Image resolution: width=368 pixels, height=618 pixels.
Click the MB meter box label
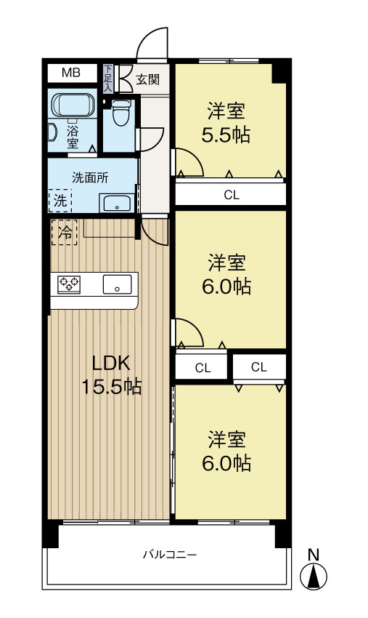tap(70, 72)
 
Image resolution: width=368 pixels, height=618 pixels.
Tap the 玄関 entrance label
tap(147, 79)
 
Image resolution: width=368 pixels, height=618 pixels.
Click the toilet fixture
tap(120, 112)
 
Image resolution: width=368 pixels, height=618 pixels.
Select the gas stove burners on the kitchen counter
tap(70, 284)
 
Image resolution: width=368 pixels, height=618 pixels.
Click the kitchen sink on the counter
tap(116, 284)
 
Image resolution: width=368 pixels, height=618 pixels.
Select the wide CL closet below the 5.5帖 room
tap(230, 194)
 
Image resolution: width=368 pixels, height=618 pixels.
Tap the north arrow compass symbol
tap(314, 577)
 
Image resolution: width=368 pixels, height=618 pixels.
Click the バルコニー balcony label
tap(169, 555)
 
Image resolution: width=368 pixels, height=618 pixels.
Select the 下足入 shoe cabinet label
tap(108, 79)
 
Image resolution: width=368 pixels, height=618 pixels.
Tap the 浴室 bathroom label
tap(73, 137)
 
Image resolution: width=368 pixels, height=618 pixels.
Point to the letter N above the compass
tap(314, 554)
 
